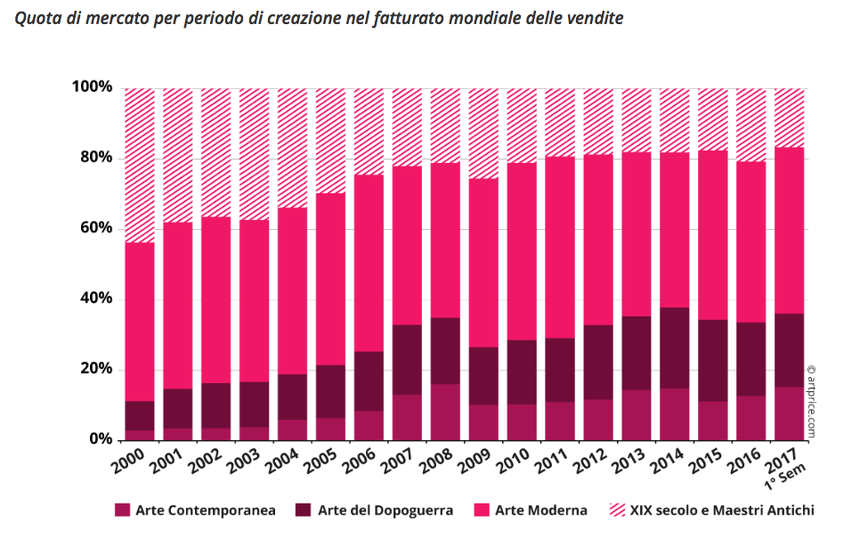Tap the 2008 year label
[x=438, y=464]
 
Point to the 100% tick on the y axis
[x=93, y=87]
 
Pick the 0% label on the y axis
[x=101, y=439]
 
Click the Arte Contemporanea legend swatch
[x=123, y=511]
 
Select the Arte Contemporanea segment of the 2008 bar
[x=445, y=412]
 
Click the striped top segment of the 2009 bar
[x=483, y=134]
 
